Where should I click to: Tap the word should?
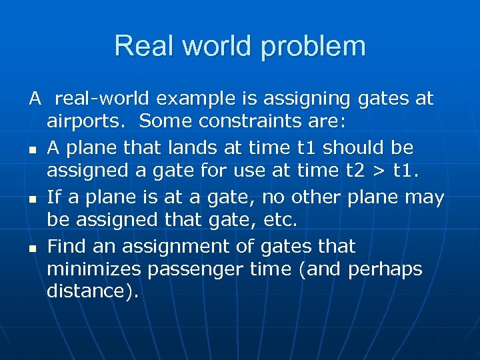(355, 147)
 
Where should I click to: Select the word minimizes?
(96, 270)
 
